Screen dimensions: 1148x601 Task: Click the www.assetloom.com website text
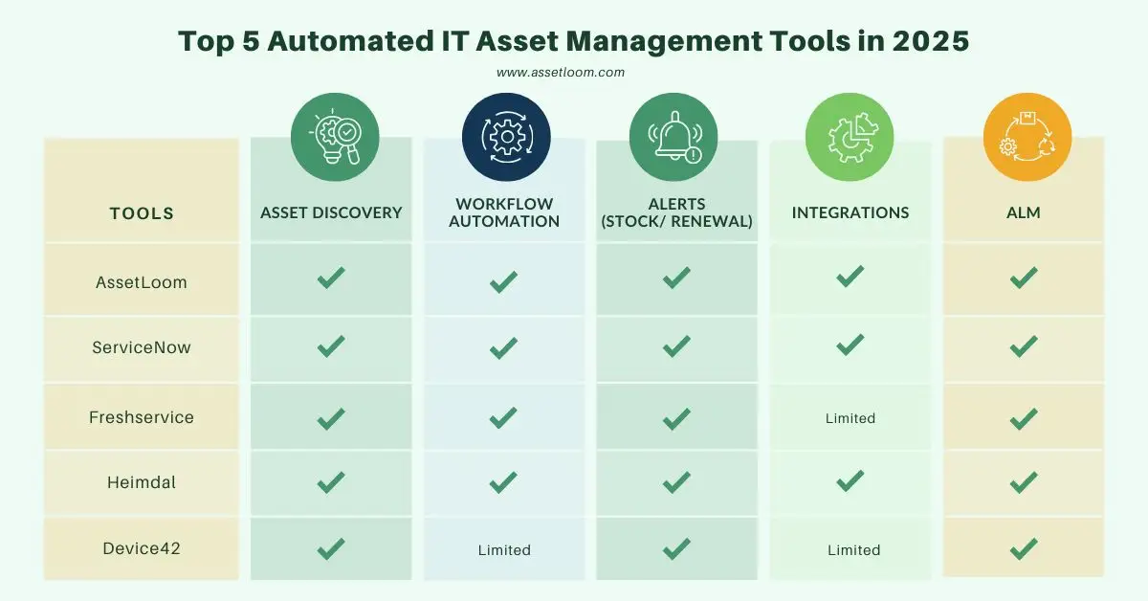[x=561, y=73]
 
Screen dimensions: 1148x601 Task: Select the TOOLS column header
[x=142, y=213]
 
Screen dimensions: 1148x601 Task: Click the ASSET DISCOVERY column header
[x=331, y=212]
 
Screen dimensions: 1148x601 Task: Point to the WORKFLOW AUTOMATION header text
[x=504, y=212]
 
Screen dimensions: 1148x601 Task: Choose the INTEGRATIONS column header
[x=850, y=212]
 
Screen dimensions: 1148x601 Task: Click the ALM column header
[x=1024, y=212]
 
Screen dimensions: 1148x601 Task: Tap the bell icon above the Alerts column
[x=673, y=137]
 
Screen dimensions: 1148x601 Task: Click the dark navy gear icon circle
[x=506, y=137]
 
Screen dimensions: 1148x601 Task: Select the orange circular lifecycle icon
[x=1027, y=137]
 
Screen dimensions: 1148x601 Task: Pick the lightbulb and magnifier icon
[x=335, y=137]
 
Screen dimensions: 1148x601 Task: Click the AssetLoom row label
[x=142, y=282]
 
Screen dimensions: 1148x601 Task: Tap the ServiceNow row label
[x=142, y=347]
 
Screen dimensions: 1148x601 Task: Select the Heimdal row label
[x=142, y=482]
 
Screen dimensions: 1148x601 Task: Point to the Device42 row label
[x=142, y=548]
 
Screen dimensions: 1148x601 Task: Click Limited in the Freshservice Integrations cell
[x=850, y=418]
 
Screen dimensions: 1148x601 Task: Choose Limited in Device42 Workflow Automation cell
[x=504, y=550]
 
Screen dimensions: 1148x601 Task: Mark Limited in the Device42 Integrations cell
[x=853, y=550]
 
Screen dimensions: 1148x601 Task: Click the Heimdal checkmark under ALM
[x=1024, y=482]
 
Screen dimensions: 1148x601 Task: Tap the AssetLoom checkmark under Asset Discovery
[x=331, y=278]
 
